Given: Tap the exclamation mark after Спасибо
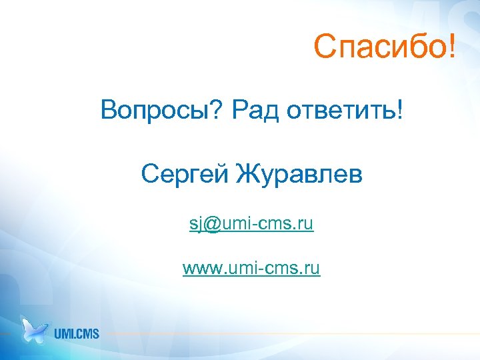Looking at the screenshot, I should tap(454, 47).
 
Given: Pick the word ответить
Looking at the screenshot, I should tap(340, 109).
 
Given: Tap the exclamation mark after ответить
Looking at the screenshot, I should tap(399, 109).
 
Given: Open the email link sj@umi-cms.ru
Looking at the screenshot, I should tap(251, 225).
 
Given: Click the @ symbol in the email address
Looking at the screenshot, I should tap(212, 225).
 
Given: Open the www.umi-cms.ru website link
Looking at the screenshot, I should tap(251, 269).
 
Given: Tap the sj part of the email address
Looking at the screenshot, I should tap(195, 225).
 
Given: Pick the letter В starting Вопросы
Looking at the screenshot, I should tap(109, 109).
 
